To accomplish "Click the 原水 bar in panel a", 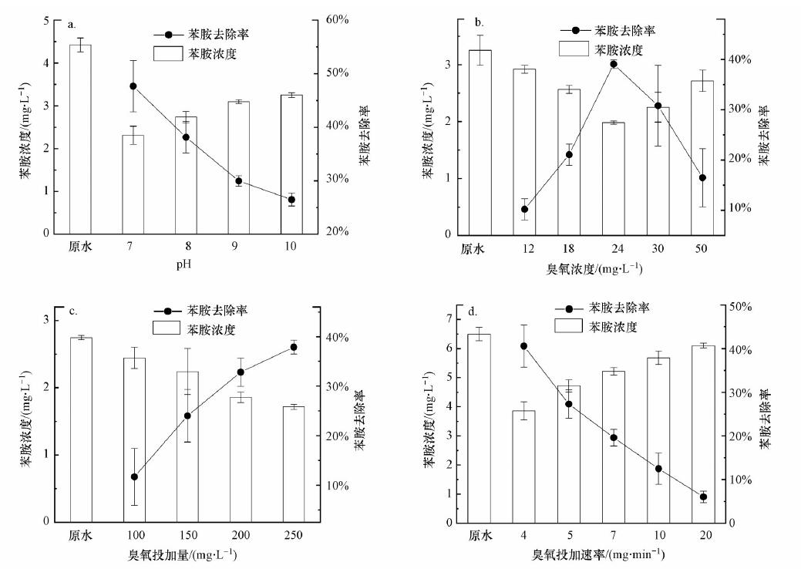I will (x=80, y=139).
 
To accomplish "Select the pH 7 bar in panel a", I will (x=133, y=184).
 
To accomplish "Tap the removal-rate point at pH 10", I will (x=291, y=200).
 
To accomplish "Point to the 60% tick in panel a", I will (x=337, y=20).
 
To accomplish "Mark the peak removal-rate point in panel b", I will (x=614, y=64).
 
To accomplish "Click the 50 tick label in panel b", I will (x=702, y=248).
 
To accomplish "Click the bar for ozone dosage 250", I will (x=291, y=463).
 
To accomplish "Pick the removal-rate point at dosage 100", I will (x=134, y=477).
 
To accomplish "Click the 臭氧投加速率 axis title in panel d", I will (x=598, y=554).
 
